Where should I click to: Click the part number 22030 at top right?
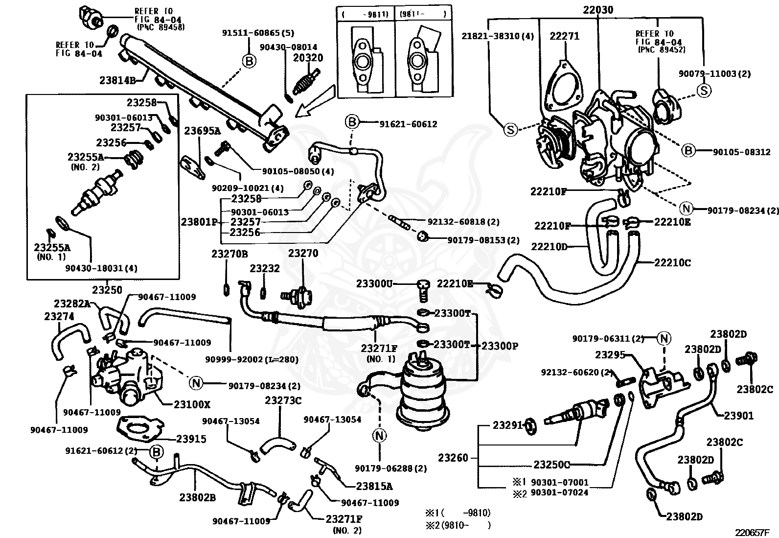tap(598, 10)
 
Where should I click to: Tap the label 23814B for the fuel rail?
tap(117, 80)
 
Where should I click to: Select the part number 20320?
tap(308, 58)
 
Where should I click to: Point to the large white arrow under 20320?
tap(314, 101)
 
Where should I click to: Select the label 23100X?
tap(192, 404)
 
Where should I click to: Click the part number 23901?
tap(738, 416)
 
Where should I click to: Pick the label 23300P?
tap(500, 346)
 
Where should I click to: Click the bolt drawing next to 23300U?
tap(423, 291)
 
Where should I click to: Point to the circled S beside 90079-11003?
tap(704, 91)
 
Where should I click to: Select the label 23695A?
tap(202, 131)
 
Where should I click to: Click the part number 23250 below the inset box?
tap(107, 290)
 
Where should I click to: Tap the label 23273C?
tap(283, 400)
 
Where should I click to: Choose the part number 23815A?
tap(374, 486)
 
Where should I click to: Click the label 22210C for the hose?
tap(673, 263)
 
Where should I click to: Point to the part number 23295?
tap(610, 355)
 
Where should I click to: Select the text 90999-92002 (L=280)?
tap(252, 359)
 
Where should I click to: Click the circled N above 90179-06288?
tap(379, 435)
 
